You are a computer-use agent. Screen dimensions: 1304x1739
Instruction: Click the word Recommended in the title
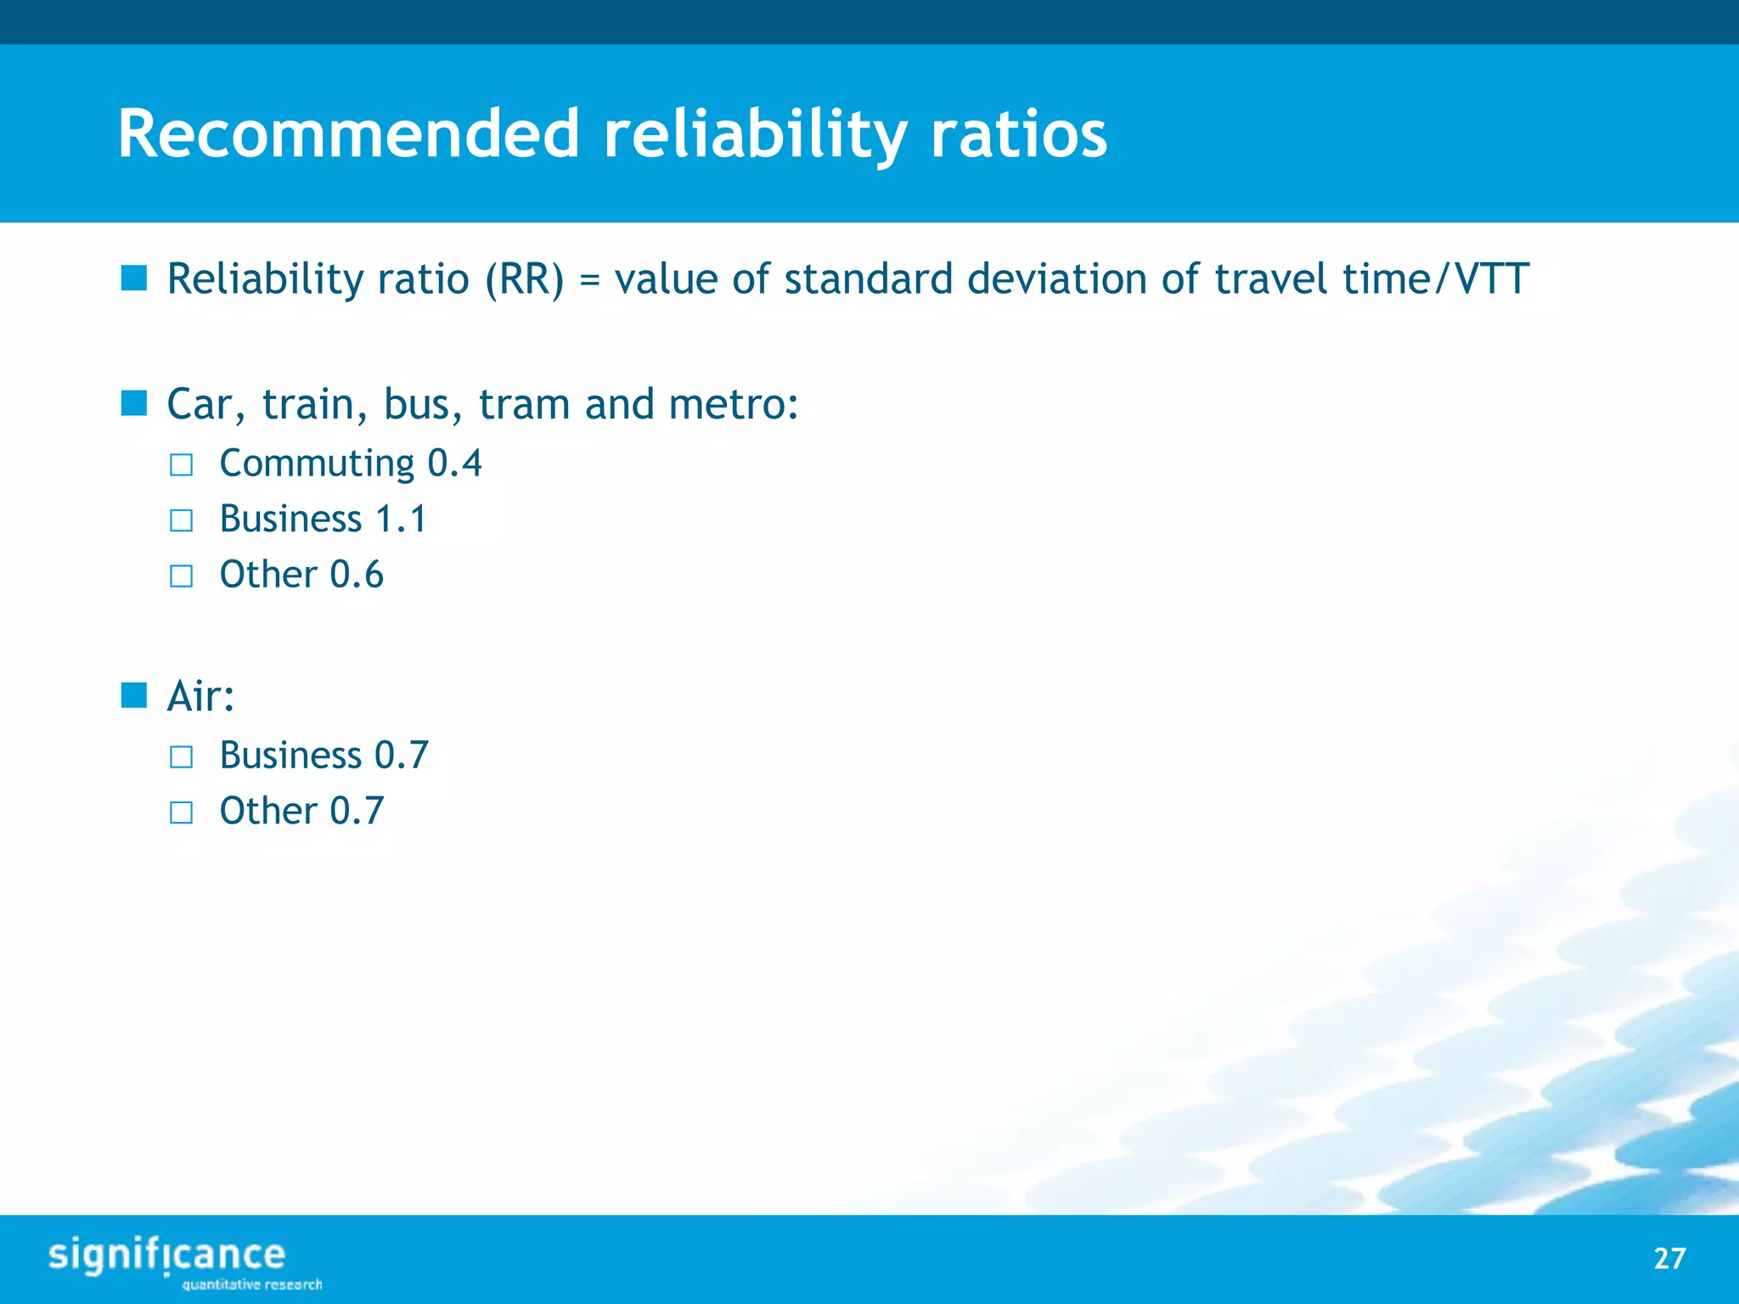(x=348, y=134)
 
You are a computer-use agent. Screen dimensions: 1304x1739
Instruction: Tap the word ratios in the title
(x=1018, y=134)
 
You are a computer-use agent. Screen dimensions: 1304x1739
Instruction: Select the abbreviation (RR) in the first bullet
(x=524, y=279)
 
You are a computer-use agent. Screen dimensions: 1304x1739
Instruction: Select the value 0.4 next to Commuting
(x=454, y=464)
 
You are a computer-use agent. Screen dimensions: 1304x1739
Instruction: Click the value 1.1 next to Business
(x=401, y=520)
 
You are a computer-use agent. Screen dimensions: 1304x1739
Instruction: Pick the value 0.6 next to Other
(x=357, y=576)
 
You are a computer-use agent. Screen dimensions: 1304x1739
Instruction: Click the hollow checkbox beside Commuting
(x=181, y=465)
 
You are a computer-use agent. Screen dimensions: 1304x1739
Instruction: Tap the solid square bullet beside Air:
(x=134, y=695)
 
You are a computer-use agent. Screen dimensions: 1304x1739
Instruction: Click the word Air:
(x=200, y=697)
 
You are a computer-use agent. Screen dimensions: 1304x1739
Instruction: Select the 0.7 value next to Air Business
(x=402, y=756)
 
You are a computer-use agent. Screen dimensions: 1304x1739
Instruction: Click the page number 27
(x=1669, y=1258)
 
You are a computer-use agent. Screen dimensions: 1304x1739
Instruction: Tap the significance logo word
(x=166, y=1255)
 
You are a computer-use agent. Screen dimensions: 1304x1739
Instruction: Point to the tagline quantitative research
(x=252, y=1284)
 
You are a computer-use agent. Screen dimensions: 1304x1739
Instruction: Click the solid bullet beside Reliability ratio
(x=134, y=278)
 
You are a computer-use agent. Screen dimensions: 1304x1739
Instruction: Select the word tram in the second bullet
(x=524, y=404)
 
